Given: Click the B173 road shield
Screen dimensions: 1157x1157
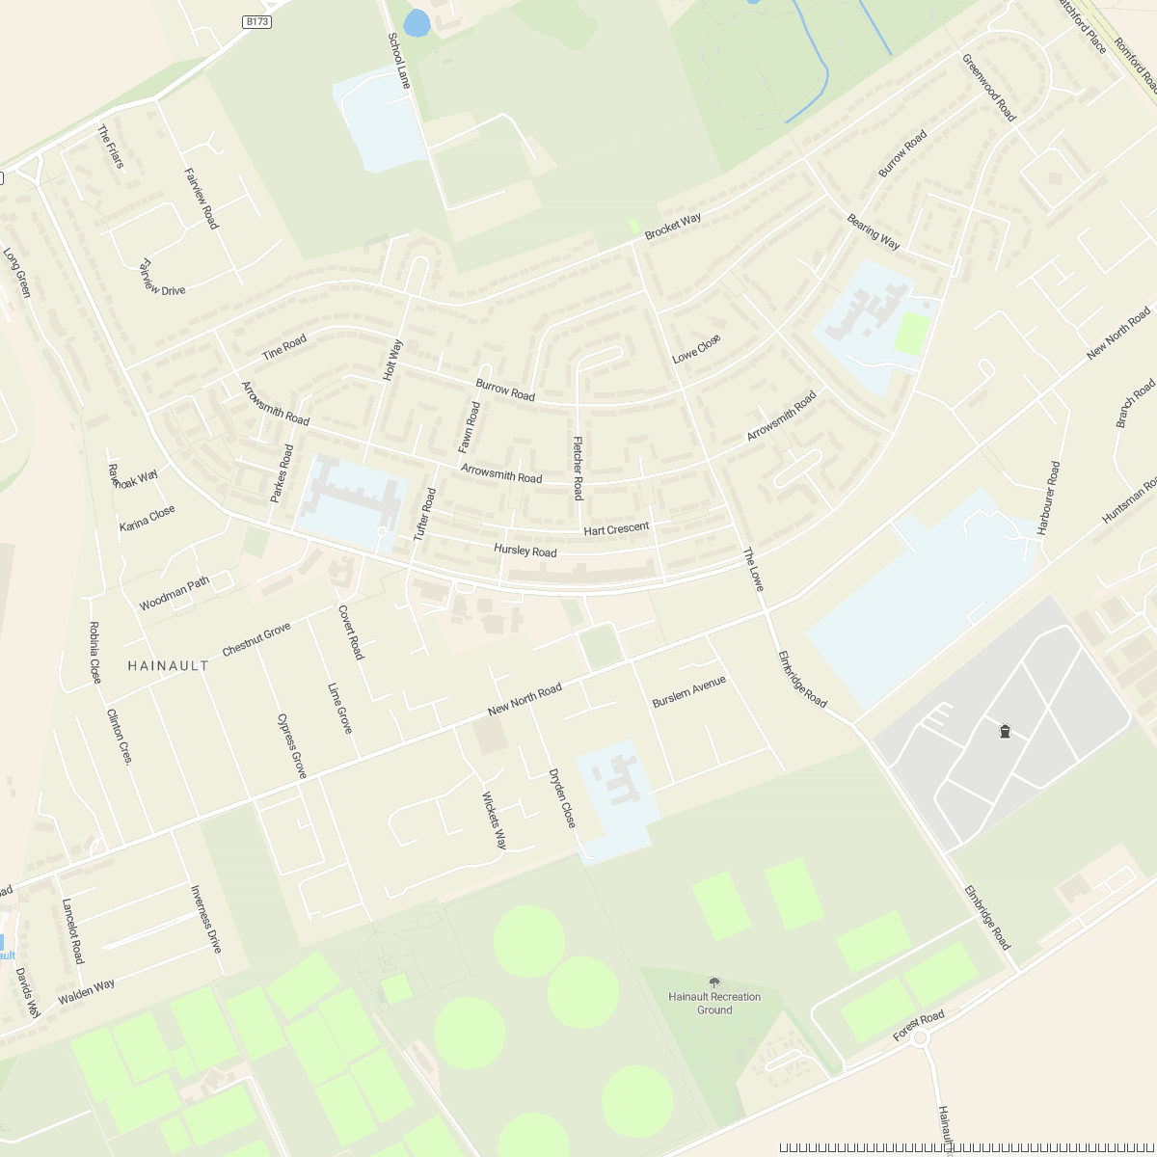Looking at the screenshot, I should point(256,20).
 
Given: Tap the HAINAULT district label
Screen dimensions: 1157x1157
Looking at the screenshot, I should point(168,665).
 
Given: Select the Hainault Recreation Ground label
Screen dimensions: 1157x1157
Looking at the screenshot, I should point(714,1003).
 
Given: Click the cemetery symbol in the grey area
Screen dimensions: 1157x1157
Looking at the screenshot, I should point(1006,732).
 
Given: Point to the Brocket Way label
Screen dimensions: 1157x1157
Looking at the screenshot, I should point(673,227).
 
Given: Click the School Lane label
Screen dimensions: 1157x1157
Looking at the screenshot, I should point(399,61).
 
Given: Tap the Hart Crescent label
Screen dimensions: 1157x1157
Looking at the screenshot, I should point(616,529).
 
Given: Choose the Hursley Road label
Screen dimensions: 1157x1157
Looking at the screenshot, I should point(525,551).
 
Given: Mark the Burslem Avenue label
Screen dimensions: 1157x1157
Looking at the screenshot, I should point(688,691).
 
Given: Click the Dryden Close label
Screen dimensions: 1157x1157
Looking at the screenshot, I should point(562,797).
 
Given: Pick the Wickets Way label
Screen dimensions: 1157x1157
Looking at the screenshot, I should point(495,821).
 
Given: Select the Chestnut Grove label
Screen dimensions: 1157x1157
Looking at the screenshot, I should point(256,640).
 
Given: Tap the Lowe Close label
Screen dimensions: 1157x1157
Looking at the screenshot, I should point(696,349).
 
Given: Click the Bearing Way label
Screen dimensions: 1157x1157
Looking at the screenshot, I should point(874,231).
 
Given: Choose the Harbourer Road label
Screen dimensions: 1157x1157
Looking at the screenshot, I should point(1048,498).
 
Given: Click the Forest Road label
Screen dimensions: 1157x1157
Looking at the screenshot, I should point(919,1026).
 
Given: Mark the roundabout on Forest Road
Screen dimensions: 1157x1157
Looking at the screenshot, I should point(920,1038).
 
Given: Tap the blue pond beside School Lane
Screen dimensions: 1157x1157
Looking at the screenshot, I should point(417,23).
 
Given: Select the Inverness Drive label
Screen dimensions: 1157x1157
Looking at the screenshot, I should point(205,919).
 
